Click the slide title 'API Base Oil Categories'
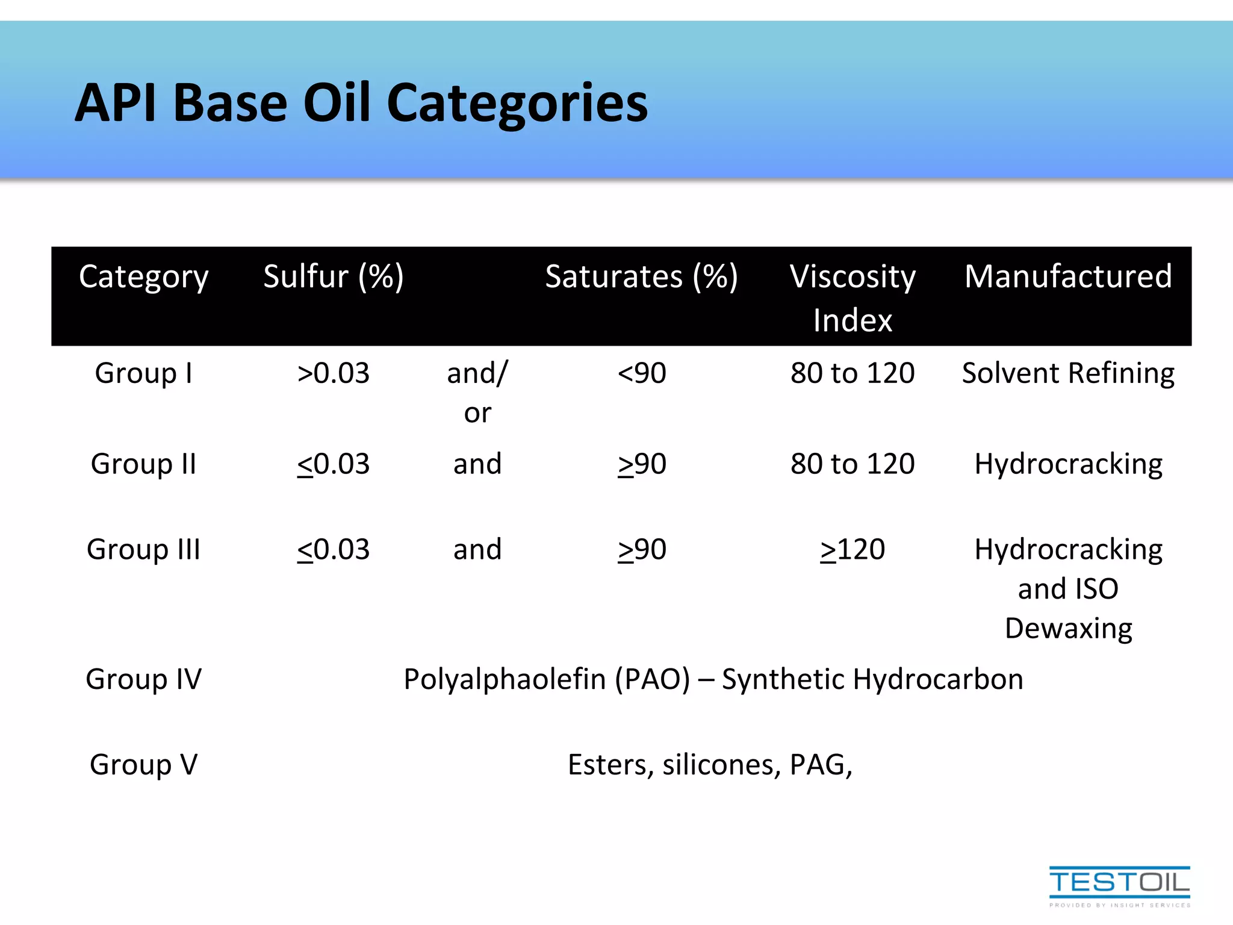(x=361, y=104)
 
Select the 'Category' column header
(x=144, y=277)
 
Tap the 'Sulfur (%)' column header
(x=334, y=277)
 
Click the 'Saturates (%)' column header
(x=641, y=277)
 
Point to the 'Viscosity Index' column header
(x=853, y=297)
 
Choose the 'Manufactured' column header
(x=1068, y=277)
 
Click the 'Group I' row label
(x=144, y=373)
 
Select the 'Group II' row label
(x=144, y=464)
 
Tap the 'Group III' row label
(x=144, y=550)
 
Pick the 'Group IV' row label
(x=144, y=679)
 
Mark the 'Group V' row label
(x=144, y=765)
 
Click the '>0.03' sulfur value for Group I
(x=334, y=373)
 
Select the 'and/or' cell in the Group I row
(x=477, y=393)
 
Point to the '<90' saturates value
(x=642, y=373)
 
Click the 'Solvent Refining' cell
(x=1068, y=373)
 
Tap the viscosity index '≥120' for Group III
(x=853, y=550)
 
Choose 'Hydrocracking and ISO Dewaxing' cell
(x=1068, y=588)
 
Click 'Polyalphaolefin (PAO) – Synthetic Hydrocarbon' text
(x=713, y=679)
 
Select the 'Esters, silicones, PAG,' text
(x=710, y=765)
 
